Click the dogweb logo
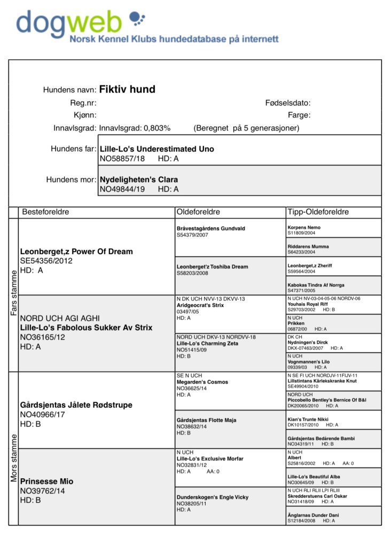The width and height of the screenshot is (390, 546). [x=80, y=22]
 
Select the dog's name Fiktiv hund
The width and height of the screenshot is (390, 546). [x=127, y=89]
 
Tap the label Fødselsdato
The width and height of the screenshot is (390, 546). [x=287, y=103]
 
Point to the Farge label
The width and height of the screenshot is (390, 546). [x=299, y=115]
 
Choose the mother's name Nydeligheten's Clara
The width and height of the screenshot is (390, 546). [x=138, y=179]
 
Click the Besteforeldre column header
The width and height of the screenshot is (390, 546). [x=45, y=212]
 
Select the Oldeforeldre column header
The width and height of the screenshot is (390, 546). [x=198, y=212]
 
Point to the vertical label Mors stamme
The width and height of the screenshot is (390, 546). [x=14, y=458]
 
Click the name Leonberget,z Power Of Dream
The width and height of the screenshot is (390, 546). [x=76, y=251]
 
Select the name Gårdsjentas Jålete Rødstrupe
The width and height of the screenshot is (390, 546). [x=76, y=405]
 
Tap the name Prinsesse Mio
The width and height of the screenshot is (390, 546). [x=46, y=481]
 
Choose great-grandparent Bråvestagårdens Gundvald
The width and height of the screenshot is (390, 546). [x=210, y=228]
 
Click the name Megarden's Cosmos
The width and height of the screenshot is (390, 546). [x=202, y=382]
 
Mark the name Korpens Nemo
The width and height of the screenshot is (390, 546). [x=304, y=227]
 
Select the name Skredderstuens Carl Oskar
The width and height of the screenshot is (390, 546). [x=317, y=496]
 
